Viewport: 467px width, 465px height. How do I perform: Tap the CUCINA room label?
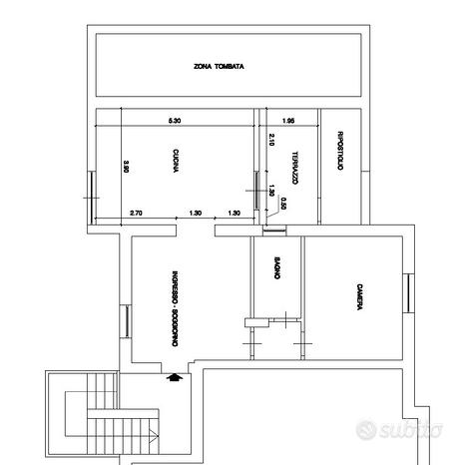pos(175,162)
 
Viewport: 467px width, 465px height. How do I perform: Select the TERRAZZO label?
pos(295,167)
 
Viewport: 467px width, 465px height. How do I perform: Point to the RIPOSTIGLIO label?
pos(340,152)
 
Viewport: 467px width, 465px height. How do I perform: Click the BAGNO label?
pos(275,271)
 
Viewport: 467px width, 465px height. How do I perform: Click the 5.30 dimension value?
pos(175,121)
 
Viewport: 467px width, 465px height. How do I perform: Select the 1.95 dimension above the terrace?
pos(288,121)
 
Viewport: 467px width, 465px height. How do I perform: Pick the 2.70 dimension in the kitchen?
pos(137,214)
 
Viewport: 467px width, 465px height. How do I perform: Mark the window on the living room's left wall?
pos(127,321)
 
